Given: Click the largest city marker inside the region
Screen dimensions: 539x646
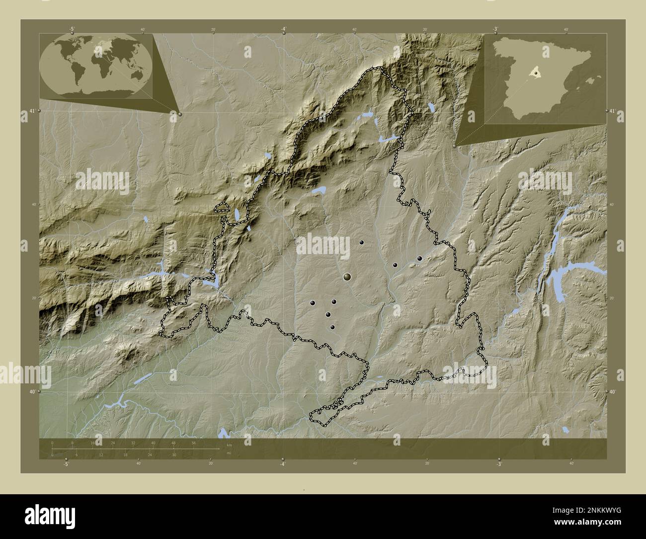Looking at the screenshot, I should coord(347,276).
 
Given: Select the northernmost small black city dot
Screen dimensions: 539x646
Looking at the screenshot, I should coord(362,242).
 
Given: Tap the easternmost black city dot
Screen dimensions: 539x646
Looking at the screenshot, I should coord(419,259).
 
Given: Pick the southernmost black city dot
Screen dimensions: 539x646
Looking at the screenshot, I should coord(332,327).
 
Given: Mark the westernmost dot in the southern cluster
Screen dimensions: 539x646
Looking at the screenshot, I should coord(313,302).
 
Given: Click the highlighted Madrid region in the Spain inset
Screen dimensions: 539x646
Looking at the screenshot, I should coord(534,74).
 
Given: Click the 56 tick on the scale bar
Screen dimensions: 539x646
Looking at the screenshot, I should coord(194,443).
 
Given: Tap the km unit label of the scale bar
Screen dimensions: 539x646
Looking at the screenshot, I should coord(229,445).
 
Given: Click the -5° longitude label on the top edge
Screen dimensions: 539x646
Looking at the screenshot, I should coord(73,29).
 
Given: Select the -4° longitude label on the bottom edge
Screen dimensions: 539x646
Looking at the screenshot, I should coord(283,464).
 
